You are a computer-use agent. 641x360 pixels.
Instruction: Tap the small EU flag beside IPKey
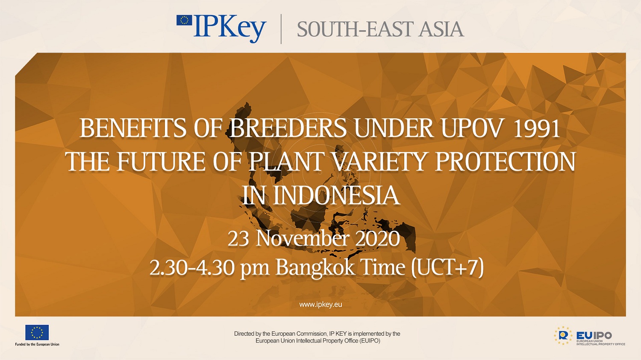tap(184, 20)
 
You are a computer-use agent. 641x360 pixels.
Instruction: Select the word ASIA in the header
tap(441, 29)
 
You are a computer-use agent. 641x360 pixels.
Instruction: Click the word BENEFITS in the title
tap(133, 129)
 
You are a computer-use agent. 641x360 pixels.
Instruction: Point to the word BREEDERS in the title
tap(288, 129)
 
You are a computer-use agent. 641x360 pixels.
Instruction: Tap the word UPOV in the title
tap(471, 129)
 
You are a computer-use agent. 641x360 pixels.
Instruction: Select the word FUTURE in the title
tap(161, 161)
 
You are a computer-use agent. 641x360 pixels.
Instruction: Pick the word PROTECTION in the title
tap(506, 161)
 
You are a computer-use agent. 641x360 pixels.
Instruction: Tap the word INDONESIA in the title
tap(336, 196)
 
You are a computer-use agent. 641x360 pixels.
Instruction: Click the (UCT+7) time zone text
tap(447, 268)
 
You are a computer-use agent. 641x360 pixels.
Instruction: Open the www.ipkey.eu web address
tap(320, 304)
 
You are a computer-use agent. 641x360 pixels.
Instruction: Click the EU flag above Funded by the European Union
tap(37, 333)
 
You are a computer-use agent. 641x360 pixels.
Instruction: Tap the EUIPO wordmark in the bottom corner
tap(594, 335)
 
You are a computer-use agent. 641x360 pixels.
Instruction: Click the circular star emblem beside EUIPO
tap(563, 335)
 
